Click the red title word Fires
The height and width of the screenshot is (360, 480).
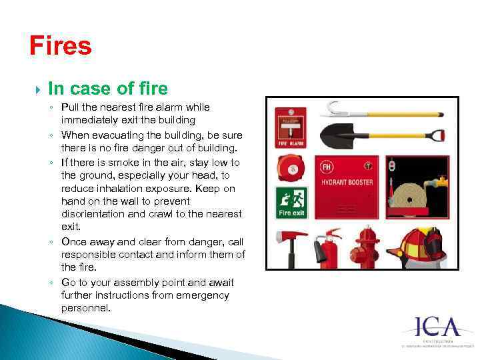click(x=61, y=46)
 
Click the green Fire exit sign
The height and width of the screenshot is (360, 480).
click(x=291, y=203)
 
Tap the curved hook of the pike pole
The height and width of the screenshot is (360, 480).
click(x=331, y=108)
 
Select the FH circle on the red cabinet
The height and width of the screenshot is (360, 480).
click(x=327, y=166)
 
